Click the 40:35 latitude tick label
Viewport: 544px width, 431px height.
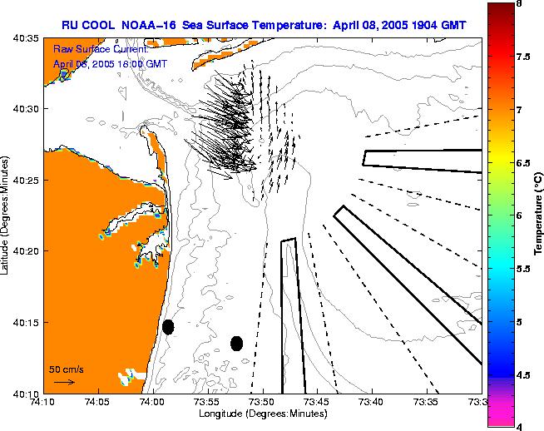coord(25,38)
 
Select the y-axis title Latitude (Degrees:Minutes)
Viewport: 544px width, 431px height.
coord(7,214)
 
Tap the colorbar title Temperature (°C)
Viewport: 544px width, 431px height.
coord(538,215)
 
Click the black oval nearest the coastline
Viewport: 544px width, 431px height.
coord(168,327)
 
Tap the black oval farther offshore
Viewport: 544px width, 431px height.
coord(236,343)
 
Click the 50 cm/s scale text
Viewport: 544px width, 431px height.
coord(66,369)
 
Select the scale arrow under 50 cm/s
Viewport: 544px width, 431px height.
coord(64,382)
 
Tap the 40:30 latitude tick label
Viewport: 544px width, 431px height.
coord(25,109)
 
